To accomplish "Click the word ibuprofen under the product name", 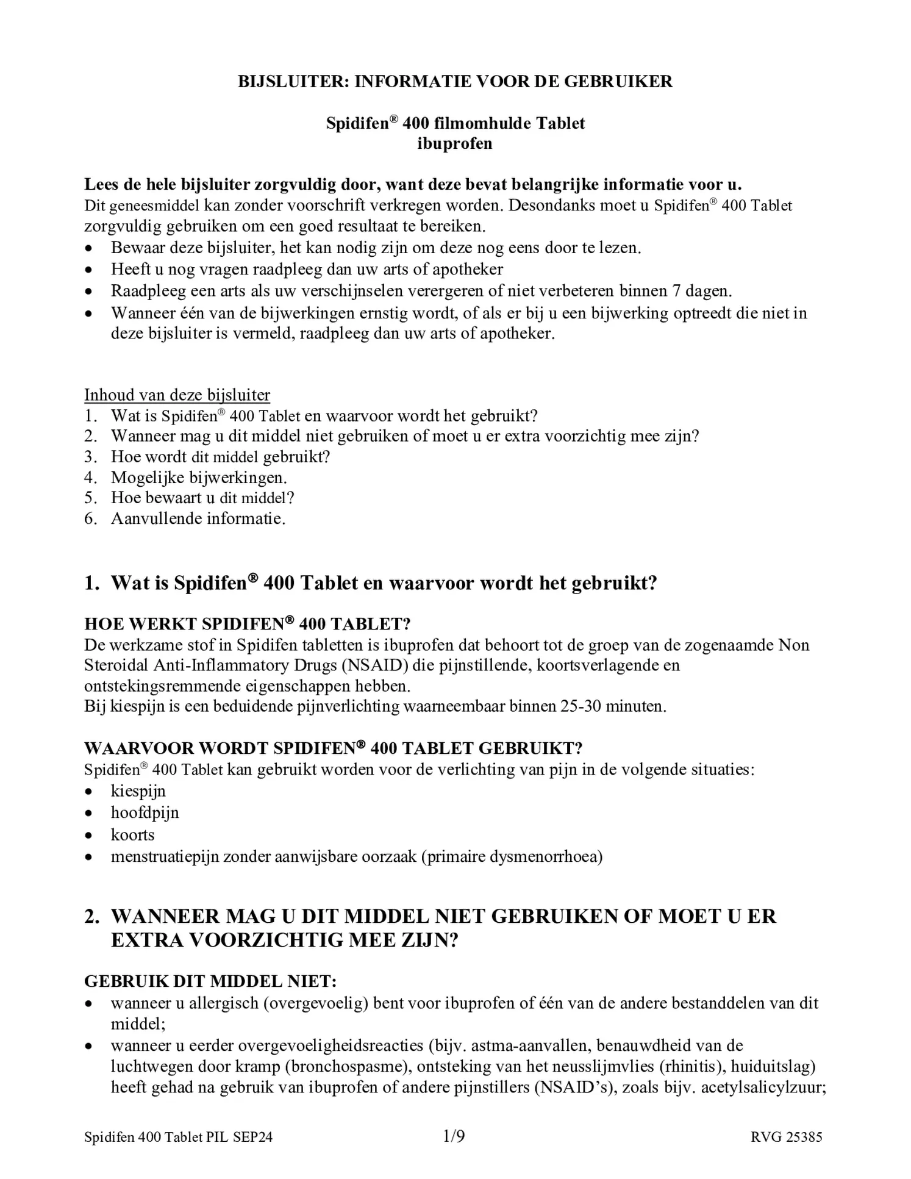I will (x=455, y=144).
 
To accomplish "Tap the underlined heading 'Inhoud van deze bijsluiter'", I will (x=177, y=395).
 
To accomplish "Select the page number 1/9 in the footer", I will (x=454, y=1136).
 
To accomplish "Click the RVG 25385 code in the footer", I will (x=787, y=1137).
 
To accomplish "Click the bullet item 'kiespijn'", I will (x=138, y=791).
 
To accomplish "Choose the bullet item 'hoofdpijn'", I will (x=145, y=813).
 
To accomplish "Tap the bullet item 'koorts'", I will (x=132, y=835).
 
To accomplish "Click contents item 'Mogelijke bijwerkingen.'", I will (x=198, y=478).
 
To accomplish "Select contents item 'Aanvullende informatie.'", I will (x=198, y=519).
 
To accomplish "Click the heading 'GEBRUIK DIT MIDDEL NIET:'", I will (x=210, y=981).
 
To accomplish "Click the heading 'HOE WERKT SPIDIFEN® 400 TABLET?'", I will (x=247, y=624).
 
